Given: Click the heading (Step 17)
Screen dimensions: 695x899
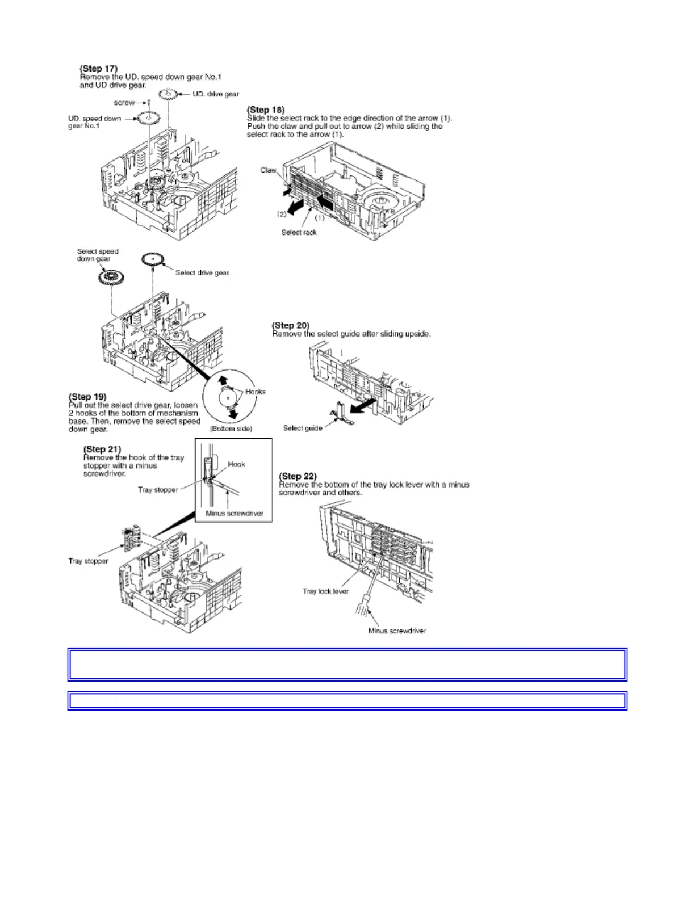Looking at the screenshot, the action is pos(99,69).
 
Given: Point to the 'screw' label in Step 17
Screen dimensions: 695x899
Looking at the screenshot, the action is pos(124,103).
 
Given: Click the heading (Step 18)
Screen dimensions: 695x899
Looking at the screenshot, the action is pos(266,110).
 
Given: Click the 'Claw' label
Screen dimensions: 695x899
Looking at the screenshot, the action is pos(268,170).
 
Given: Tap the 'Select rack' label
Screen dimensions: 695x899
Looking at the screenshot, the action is pos(299,232).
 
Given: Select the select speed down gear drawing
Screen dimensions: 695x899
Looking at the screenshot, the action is pos(111,278).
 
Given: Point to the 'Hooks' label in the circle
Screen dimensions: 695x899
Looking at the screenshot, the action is pos(255,392).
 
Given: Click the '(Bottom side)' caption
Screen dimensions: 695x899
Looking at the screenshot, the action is pos(231,429).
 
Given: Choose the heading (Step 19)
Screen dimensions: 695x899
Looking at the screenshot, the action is pos(87,396).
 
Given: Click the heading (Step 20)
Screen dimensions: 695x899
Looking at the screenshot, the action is pos(291,325).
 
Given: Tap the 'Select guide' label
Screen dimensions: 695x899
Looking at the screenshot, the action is pos(303,428).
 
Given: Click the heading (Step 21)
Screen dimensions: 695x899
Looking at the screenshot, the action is pos(102,449).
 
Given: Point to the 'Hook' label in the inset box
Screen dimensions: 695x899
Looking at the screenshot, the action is pos(236,464).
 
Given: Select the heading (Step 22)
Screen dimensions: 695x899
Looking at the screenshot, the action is pos(298,476).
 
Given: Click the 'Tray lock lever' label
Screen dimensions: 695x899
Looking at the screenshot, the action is pos(325,591).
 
